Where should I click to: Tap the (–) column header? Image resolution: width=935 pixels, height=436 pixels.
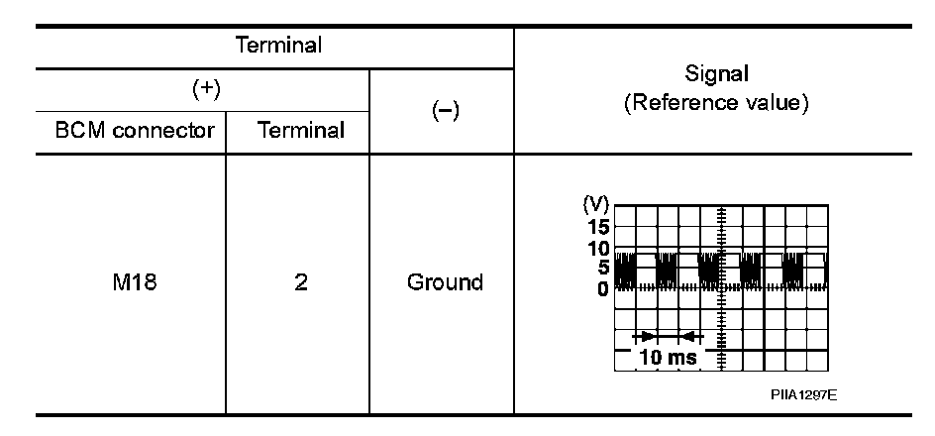click(442, 112)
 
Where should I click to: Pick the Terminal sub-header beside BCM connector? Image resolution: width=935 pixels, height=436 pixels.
click(298, 131)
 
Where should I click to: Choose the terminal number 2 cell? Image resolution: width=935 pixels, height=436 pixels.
click(300, 282)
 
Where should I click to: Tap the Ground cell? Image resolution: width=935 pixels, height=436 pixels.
click(445, 282)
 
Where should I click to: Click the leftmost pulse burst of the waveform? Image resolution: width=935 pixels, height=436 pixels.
click(624, 270)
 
